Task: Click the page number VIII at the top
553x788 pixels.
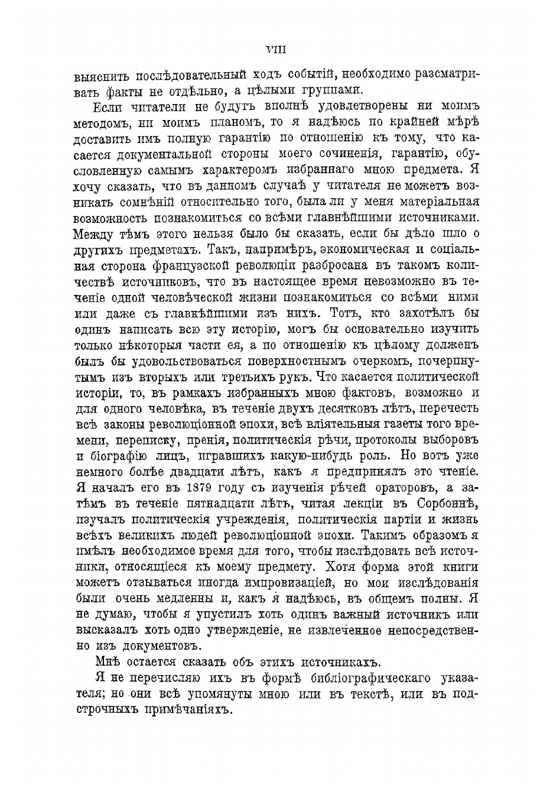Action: point(276,50)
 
